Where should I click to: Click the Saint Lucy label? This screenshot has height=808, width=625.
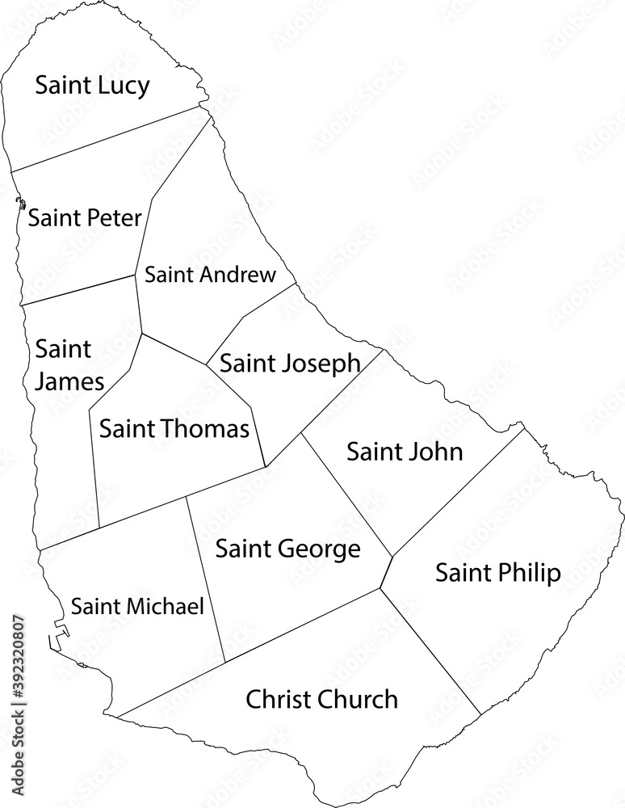[x=92, y=86]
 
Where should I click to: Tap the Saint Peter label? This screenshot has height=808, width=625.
[x=85, y=217]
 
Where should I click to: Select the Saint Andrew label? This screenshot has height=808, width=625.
[x=210, y=275]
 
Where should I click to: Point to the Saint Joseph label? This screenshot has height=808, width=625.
[x=290, y=364]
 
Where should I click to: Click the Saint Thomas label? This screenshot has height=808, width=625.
[x=174, y=428]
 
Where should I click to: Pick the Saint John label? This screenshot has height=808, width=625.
[x=405, y=451]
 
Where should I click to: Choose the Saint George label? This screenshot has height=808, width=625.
[x=287, y=550]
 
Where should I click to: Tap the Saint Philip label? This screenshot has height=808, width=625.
[x=497, y=574]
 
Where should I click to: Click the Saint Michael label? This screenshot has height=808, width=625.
[x=137, y=606]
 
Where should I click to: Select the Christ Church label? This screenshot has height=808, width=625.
[x=321, y=699]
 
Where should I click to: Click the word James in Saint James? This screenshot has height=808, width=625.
[x=69, y=381]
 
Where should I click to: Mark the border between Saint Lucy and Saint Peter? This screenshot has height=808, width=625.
[x=105, y=139]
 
